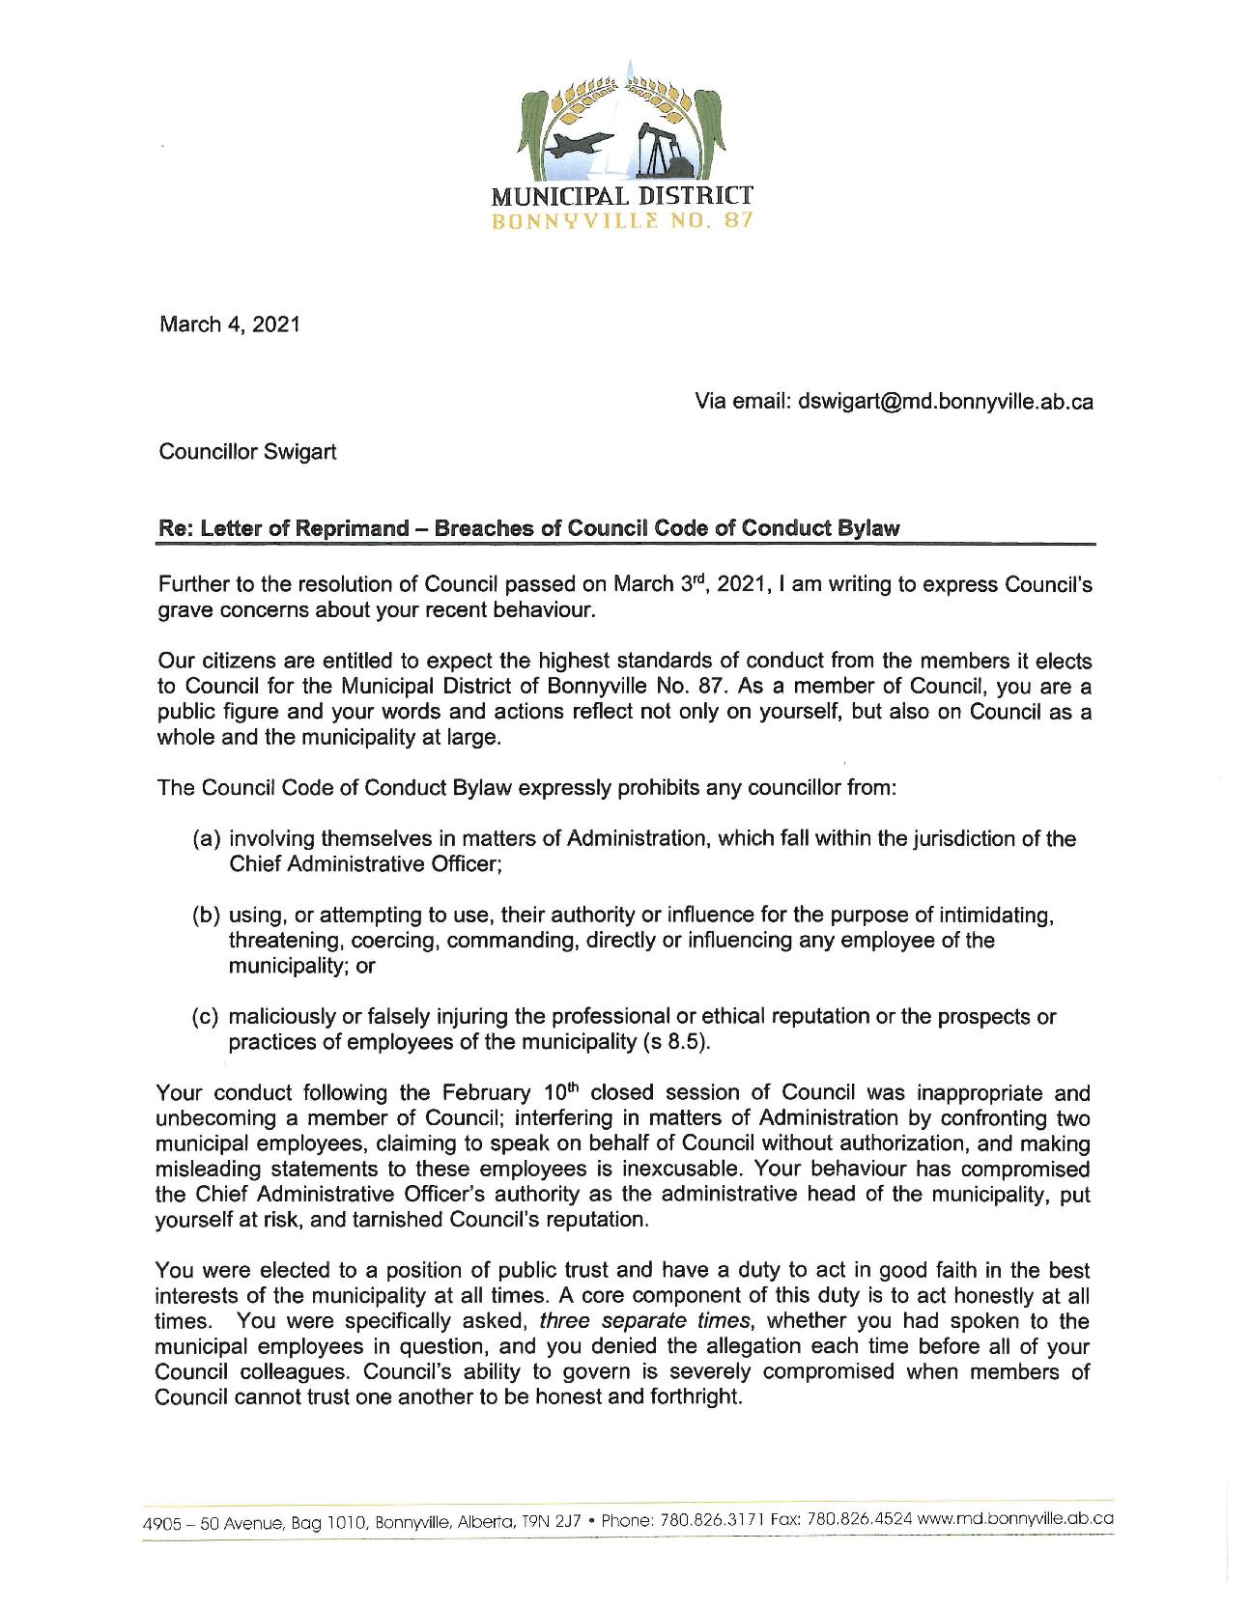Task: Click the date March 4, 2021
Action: pyautogui.click(x=229, y=324)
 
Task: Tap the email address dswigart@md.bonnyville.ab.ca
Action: pyautogui.click(x=946, y=402)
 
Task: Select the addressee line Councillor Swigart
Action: pyautogui.click(x=247, y=452)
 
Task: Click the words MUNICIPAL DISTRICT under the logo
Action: pyautogui.click(x=622, y=197)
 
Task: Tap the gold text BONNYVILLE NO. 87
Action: pyautogui.click(x=622, y=222)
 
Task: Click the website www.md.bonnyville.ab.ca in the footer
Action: pyautogui.click(x=1015, y=1518)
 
